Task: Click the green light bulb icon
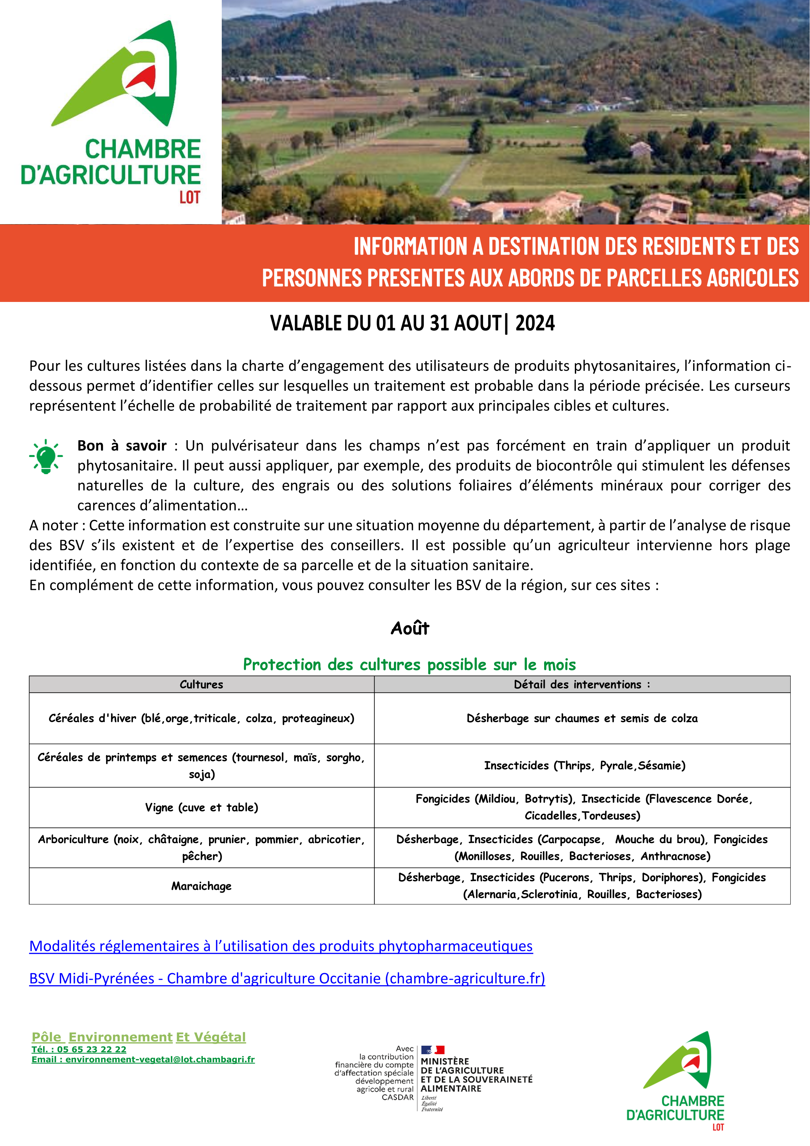(x=46, y=456)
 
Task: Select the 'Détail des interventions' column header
(x=582, y=684)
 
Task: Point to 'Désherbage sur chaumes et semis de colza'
(x=582, y=718)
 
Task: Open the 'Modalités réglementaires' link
(x=281, y=946)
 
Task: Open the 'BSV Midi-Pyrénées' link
(x=287, y=978)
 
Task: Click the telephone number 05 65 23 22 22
(x=91, y=1050)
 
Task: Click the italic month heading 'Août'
(x=410, y=628)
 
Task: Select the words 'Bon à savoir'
(x=122, y=445)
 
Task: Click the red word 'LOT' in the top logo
(x=189, y=198)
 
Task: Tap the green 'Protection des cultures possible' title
(x=409, y=664)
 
